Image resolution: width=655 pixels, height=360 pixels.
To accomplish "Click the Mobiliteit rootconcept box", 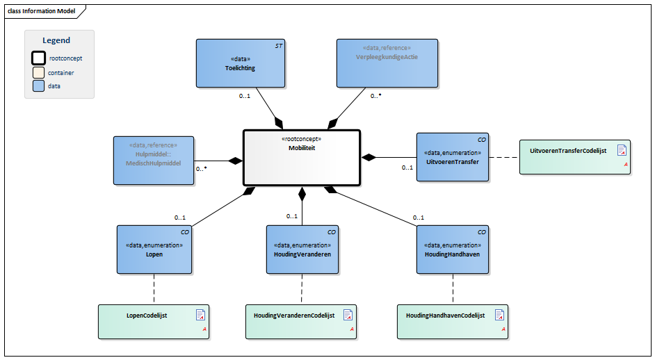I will [x=301, y=158].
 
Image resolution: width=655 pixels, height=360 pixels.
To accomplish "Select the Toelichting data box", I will [x=240, y=63].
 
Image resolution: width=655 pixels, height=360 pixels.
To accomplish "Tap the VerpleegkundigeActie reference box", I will [x=387, y=63].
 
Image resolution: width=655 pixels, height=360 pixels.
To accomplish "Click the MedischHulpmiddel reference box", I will [x=154, y=160].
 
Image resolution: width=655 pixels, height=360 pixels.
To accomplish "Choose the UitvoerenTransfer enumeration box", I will [x=451, y=157].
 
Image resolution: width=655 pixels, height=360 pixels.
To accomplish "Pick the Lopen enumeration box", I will [x=154, y=249].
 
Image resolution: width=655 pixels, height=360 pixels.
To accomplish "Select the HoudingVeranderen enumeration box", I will [x=302, y=249].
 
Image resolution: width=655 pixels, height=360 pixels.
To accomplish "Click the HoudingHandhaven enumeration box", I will [x=452, y=249].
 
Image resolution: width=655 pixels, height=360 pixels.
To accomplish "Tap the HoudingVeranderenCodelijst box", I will [x=301, y=322].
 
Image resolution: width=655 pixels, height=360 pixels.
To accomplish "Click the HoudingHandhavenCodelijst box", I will [x=452, y=322].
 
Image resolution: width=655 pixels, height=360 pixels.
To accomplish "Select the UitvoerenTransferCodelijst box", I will [x=574, y=156].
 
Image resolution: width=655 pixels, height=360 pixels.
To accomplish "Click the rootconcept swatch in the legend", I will [x=39, y=58].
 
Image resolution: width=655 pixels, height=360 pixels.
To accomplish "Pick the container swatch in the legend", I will [x=39, y=72].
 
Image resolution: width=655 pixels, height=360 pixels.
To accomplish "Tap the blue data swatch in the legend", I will [x=39, y=86].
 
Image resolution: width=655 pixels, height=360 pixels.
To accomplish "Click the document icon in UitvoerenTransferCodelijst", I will [x=622, y=150].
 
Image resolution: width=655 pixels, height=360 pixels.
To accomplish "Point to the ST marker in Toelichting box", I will [x=278, y=45].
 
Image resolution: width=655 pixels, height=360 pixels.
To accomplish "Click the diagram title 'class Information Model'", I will [x=42, y=11].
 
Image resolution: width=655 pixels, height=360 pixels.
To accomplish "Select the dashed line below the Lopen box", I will [x=154, y=288].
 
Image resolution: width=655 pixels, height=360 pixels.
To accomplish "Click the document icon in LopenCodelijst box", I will [x=201, y=315].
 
